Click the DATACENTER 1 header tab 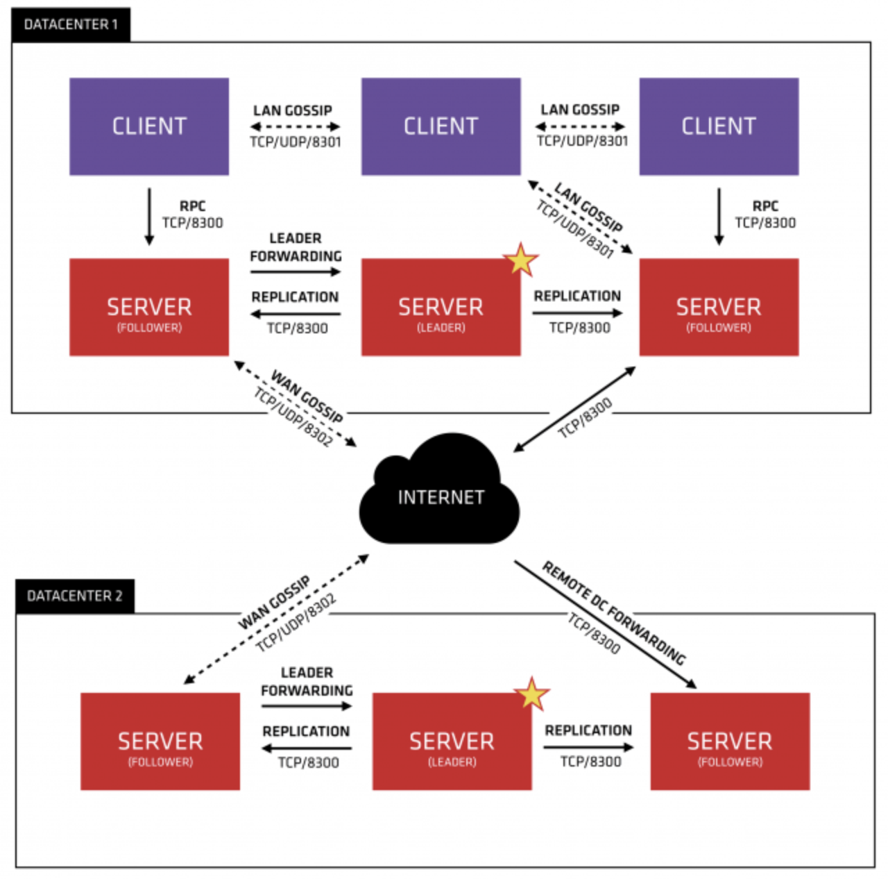pyautogui.click(x=71, y=24)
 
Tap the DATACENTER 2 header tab pyautogui.click(x=75, y=596)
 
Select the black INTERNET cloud pyautogui.click(x=440, y=488)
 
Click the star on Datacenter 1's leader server pyautogui.click(x=520, y=260)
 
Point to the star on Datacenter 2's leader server pyautogui.click(x=531, y=694)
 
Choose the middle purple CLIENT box pyautogui.click(x=441, y=126)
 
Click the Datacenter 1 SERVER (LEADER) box pyautogui.click(x=441, y=307)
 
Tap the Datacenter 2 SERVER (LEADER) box pyautogui.click(x=452, y=741)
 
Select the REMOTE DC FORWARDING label pyautogui.click(x=614, y=613)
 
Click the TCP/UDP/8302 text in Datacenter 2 pyautogui.click(x=296, y=623)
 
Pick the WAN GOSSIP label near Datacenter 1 pyautogui.click(x=307, y=396)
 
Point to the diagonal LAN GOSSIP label pyautogui.click(x=589, y=207)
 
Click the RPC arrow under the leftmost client pyautogui.click(x=149, y=217)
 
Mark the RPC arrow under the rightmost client pyautogui.click(x=719, y=217)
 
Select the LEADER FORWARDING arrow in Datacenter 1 pyautogui.click(x=296, y=271)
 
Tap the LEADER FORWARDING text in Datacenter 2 pyautogui.click(x=307, y=682)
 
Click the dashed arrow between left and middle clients pyautogui.click(x=296, y=126)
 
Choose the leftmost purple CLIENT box pyautogui.click(x=149, y=126)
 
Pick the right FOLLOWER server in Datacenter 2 pyautogui.click(x=730, y=741)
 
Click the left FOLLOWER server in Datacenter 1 pyautogui.click(x=149, y=307)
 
